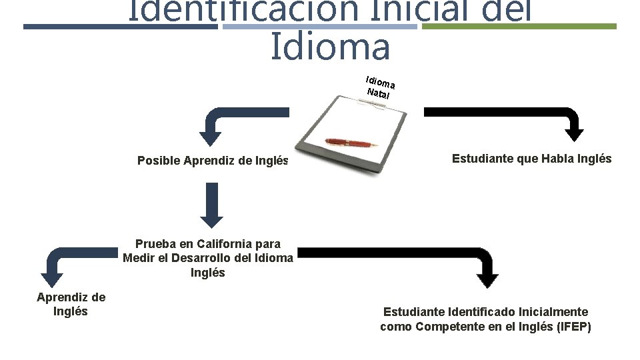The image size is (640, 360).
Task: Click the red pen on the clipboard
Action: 351,142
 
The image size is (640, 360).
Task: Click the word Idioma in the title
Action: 330,47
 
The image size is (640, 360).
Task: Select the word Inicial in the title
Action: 393,10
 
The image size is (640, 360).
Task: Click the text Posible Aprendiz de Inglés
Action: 213,161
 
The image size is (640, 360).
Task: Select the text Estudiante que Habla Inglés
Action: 531,159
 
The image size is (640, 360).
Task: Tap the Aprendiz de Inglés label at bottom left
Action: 71,304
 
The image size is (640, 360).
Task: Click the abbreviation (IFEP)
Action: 574,327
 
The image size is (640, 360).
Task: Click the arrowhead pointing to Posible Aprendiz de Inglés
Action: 211,138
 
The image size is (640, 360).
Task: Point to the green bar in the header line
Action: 519,27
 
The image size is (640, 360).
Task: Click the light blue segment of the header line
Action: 319,27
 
